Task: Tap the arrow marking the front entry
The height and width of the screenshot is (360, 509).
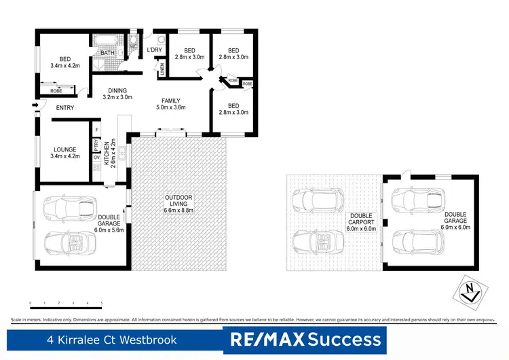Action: tap(35, 105)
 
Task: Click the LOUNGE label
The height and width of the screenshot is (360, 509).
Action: tap(65, 152)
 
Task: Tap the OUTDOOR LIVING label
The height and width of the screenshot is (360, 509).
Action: tap(179, 201)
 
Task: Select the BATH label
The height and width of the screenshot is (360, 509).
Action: tap(107, 54)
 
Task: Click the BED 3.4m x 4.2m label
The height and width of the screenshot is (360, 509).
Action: tap(65, 62)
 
